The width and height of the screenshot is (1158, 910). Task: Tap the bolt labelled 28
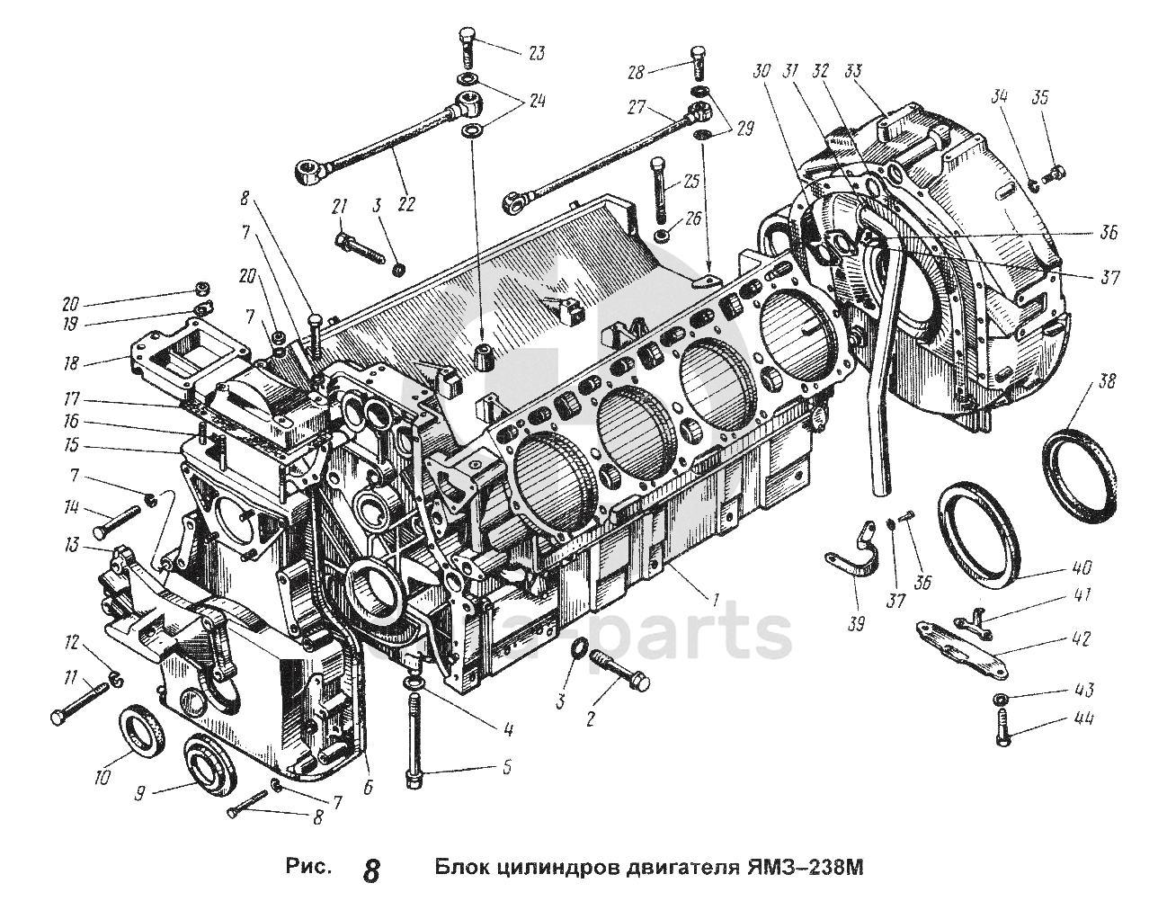699,63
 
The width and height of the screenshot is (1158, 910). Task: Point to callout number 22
405,204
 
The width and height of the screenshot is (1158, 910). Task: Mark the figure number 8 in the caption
370,870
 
